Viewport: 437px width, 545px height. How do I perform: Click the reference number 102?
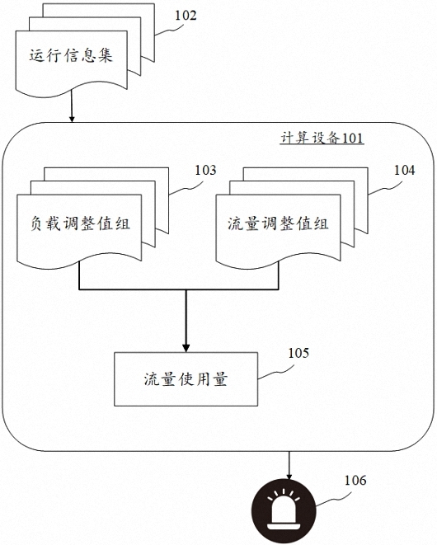(x=186, y=16)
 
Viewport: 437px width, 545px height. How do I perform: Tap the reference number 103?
(x=205, y=170)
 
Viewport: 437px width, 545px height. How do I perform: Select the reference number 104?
(x=404, y=170)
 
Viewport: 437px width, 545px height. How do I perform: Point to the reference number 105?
(x=298, y=353)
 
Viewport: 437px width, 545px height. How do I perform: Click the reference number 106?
(x=355, y=481)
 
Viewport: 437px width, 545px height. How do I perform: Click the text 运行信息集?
(x=71, y=55)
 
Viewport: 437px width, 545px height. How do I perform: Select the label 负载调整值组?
(x=80, y=223)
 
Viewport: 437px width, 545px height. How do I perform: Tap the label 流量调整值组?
(x=278, y=223)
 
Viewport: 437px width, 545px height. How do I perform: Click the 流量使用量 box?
(x=186, y=379)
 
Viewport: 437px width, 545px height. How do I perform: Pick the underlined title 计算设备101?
(x=322, y=138)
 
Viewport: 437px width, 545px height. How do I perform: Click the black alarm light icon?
(x=284, y=511)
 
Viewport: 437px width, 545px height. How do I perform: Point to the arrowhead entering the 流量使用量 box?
(x=186, y=348)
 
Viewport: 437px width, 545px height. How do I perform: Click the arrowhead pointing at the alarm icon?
(x=289, y=476)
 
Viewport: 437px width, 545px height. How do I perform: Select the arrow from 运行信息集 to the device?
(x=72, y=106)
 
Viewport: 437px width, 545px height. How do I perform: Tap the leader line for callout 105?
(x=275, y=372)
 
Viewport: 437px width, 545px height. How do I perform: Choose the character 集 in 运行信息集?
(x=106, y=55)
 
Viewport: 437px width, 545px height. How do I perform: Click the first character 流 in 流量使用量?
(x=153, y=379)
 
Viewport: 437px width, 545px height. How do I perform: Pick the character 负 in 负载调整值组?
(x=38, y=223)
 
